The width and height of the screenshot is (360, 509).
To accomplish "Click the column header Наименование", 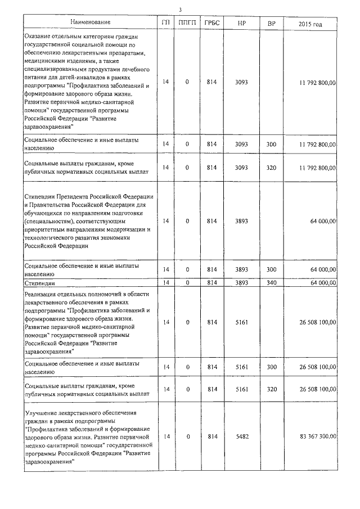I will (90, 23).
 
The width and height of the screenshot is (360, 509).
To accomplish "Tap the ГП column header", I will (165, 23).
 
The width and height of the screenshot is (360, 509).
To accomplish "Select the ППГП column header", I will (187, 23).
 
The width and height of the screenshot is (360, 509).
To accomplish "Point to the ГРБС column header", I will (212, 23).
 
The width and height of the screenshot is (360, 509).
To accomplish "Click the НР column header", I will (241, 23).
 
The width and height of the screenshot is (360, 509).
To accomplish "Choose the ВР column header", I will (271, 23).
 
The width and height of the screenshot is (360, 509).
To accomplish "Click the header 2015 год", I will (312, 23).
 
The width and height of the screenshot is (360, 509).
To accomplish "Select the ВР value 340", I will (271, 282).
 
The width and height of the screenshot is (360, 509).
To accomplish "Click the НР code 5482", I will (241, 436).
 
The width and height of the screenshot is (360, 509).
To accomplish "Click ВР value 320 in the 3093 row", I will (271, 168).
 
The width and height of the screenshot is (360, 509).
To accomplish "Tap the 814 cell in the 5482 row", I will (212, 436).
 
